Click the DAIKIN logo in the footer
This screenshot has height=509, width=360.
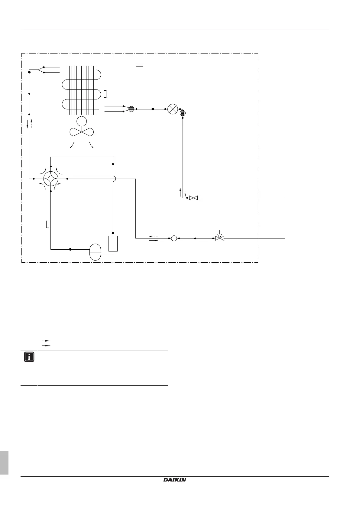coord(175,479)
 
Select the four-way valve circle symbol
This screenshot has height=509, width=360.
coord(50,179)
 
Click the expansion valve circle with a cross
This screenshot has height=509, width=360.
coord(173,109)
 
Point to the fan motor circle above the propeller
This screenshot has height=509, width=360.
coord(81,122)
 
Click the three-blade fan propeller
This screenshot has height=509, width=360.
coord(82,132)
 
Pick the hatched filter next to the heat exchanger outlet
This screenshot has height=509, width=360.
coord(131,109)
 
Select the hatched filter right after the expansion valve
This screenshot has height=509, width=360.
coord(182,113)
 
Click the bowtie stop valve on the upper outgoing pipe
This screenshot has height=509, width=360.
coord(193,198)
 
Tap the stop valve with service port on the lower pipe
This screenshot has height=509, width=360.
coord(220,238)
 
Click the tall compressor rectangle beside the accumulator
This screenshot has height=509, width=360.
coord(113,243)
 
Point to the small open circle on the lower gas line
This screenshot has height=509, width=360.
coord(174,238)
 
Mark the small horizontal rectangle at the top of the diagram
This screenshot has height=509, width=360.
coord(139,65)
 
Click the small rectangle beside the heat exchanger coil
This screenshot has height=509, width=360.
coord(105,94)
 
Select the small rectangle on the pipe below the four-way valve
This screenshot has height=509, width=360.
coord(47,224)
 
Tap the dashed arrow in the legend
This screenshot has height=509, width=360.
coord(46,341)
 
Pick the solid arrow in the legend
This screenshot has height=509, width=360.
coord(46,345)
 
